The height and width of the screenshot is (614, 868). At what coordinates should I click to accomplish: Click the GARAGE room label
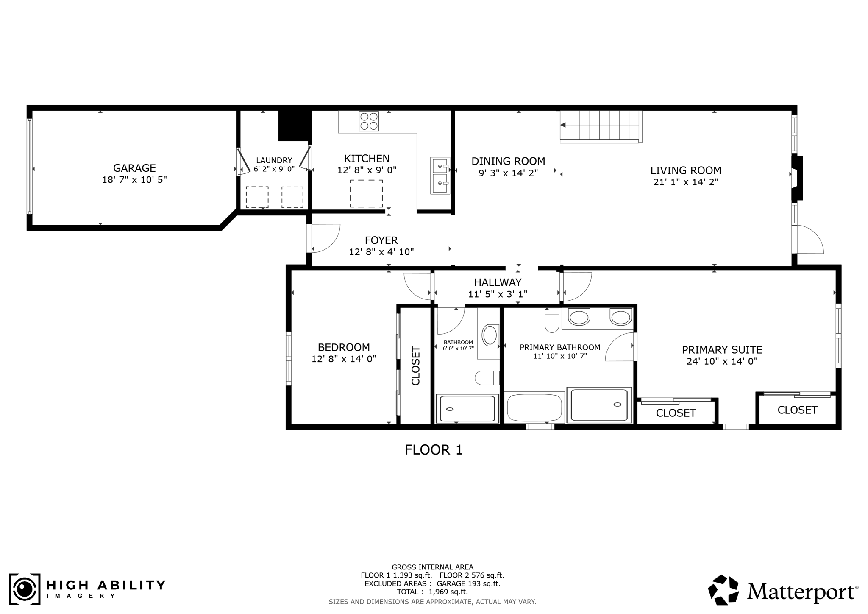(x=134, y=168)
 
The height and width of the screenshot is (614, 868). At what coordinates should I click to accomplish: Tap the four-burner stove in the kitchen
(x=369, y=121)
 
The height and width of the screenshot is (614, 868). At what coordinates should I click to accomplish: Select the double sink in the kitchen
(x=440, y=176)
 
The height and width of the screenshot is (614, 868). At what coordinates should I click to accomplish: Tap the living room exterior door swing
(x=809, y=240)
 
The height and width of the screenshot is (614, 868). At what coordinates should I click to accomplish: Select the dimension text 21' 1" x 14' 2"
(x=686, y=182)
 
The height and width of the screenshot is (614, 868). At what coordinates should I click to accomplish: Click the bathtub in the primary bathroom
(x=534, y=408)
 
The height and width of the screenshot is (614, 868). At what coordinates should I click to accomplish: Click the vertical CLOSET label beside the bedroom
(x=416, y=366)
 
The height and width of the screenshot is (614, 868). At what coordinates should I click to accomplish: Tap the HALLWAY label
(x=498, y=282)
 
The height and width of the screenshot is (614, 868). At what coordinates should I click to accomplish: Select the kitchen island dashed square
(x=366, y=193)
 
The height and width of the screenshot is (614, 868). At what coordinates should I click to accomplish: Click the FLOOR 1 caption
(x=434, y=450)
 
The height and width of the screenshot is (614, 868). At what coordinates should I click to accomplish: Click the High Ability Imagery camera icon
(x=25, y=589)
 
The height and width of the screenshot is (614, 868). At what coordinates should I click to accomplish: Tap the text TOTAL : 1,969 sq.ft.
(x=432, y=592)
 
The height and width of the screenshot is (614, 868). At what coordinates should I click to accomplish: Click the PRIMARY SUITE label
(x=722, y=350)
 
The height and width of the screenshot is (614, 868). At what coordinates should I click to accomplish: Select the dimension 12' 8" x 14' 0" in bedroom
(x=344, y=359)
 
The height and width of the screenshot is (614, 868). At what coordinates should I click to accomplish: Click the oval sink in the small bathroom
(x=490, y=335)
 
